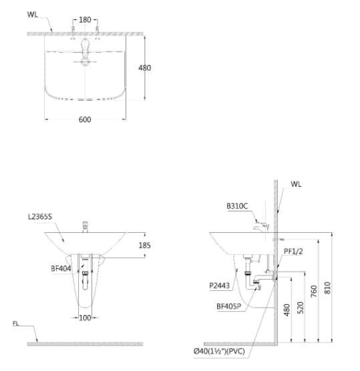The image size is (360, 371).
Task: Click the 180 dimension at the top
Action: [x=85, y=20]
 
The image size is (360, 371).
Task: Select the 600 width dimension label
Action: [x=84, y=120]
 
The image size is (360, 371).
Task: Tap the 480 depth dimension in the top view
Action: [x=145, y=67]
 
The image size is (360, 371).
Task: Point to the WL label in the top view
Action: [x=33, y=14]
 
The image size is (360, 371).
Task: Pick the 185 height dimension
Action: [x=145, y=246]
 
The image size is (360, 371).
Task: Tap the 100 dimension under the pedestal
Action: [x=85, y=318]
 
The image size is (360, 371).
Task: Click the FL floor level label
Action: [x=16, y=324]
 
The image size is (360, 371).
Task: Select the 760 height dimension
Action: [x=314, y=292]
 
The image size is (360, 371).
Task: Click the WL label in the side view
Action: [x=296, y=184]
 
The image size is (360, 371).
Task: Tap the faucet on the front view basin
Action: [x=85, y=225]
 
